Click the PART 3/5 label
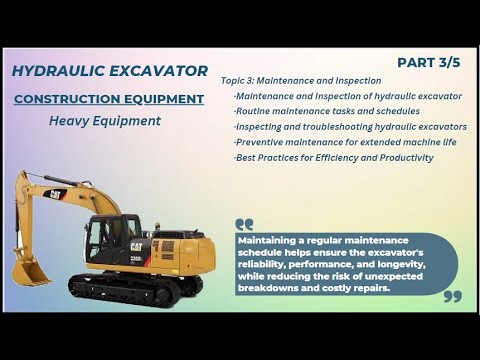point(429,62)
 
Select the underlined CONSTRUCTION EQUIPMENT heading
point(109,99)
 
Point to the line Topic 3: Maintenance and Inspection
point(301,80)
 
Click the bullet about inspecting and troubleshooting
point(350,127)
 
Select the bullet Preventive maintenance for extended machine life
point(345,142)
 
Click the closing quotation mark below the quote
point(451,297)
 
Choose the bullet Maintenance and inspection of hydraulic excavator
point(347,96)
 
